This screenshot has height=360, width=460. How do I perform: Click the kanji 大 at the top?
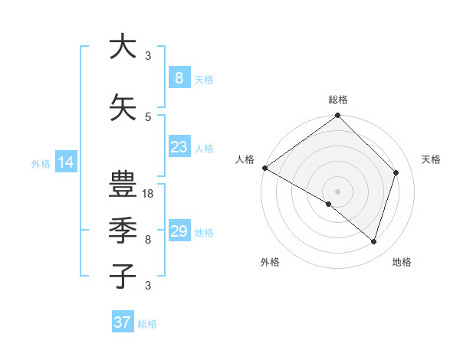[x=123, y=47]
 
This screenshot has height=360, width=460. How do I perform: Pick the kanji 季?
[x=123, y=231]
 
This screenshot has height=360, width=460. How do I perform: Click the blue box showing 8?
[x=179, y=78]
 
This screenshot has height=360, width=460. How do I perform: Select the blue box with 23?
[x=179, y=147]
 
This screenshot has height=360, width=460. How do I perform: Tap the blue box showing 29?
[x=179, y=231]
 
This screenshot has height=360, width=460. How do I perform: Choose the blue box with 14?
[x=65, y=162]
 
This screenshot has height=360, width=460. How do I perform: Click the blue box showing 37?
[x=122, y=322]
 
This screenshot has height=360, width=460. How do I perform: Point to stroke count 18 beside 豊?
[x=149, y=194]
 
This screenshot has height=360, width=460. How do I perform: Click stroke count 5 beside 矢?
[x=148, y=116]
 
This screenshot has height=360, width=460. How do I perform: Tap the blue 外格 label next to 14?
[x=41, y=163]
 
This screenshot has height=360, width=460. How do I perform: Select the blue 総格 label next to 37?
[x=147, y=323]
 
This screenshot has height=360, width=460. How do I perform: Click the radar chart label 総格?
[x=338, y=100]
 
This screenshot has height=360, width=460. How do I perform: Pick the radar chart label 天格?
[x=431, y=159]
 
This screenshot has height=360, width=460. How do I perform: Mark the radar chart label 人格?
[x=245, y=159]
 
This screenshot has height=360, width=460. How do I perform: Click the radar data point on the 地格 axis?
[x=374, y=241]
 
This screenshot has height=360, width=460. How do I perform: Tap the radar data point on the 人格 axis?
[x=264, y=168]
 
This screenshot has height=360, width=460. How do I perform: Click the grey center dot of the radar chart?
[x=338, y=191]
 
